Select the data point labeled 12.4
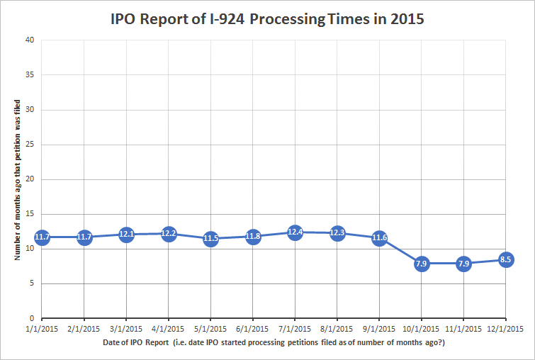pyautogui.click(x=295, y=232)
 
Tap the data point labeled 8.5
pyautogui.click(x=505, y=259)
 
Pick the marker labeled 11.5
pyautogui.click(x=210, y=238)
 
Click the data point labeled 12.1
pyautogui.click(x=126, y=234)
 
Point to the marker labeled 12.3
pyautogui.click(x=337, y=232)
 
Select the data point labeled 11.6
pyautogui.click(x=379, y=237)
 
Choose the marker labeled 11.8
pyautogui.click(x=253, y=236)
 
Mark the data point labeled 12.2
pyautogui.click(x=169, y=233)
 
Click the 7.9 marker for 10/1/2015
pyautogui.click(x=421, y=264)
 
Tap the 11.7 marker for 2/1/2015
pyautogui.click(x=84, y=237)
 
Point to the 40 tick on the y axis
pyautogui.click(x=30, y=40)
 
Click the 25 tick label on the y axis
pyautogui.click(x=30, y=145)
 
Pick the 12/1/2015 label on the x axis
pyautogui.click(x=505, y=329)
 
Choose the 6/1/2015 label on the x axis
pyautogui.click(x=253, y=329)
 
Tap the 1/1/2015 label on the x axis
pyautogui.click(x=43, y=329)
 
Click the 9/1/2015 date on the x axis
pyautogui.click(x=379, y=329)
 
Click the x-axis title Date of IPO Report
pyautogui.click(x=274, y=344)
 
